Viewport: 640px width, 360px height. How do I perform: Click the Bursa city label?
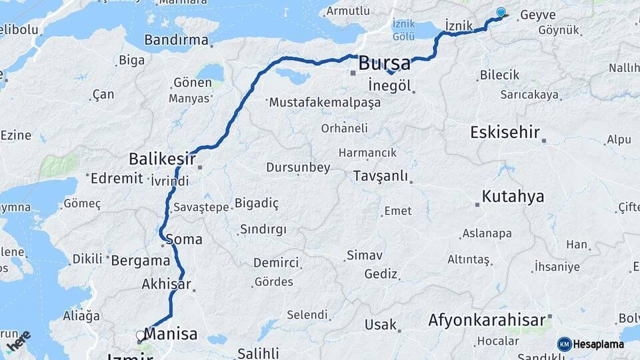[x=384, y=64]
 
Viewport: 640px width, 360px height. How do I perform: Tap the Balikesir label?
[x=162, y=159]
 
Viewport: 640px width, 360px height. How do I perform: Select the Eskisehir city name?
[x=505, y=132]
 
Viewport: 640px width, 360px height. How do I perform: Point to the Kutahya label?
[x=513, y=197]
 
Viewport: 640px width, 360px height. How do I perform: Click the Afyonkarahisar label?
[x=487, y=320]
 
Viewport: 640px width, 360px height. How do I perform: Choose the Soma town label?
[x=183, y=239]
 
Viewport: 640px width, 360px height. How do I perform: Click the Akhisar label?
[x=166, y=285]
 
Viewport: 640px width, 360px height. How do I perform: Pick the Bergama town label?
[x=141, y=260]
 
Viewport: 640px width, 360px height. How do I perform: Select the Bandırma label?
[x=176, y=40]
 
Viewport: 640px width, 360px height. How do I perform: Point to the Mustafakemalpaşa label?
[x=325, y=103]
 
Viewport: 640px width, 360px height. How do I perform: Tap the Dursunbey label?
[x=298, y=167]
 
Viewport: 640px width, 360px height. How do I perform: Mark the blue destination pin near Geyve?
[x=501, y=11]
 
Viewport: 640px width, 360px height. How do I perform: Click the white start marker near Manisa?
[x=140, y=335]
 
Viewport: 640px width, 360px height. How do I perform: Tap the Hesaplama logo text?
[x=598, y=344]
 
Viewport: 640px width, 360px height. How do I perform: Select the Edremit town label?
[x=117, y=178]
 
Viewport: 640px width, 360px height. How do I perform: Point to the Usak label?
[x=381, y=325]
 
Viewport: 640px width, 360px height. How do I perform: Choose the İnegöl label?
[x=390, y=85]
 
